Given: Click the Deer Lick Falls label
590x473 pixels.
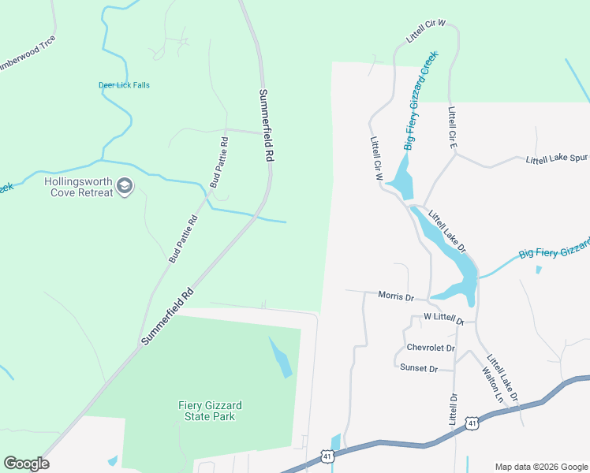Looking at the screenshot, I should (x=124, y=85).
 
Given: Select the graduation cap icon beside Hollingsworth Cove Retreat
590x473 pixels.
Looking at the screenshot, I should (x=125, y=186).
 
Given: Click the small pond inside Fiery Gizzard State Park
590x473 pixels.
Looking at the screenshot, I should (x=281, y=358).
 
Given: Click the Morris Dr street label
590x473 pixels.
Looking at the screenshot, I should (x=396, y=297).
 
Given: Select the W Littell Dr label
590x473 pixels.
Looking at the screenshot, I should (x=442, y=317).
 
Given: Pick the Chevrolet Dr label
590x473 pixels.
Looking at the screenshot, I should (x=431, y=348).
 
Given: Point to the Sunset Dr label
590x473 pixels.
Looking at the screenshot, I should (x=418, y=368).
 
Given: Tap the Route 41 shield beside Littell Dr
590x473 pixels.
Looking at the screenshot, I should (x=471, y=423).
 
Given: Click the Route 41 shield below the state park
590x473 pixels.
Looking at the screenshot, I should (x=327, y=456).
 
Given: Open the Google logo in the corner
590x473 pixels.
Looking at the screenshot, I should (x=26, y=464).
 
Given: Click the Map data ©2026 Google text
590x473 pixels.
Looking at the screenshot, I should (x=540, y=466).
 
